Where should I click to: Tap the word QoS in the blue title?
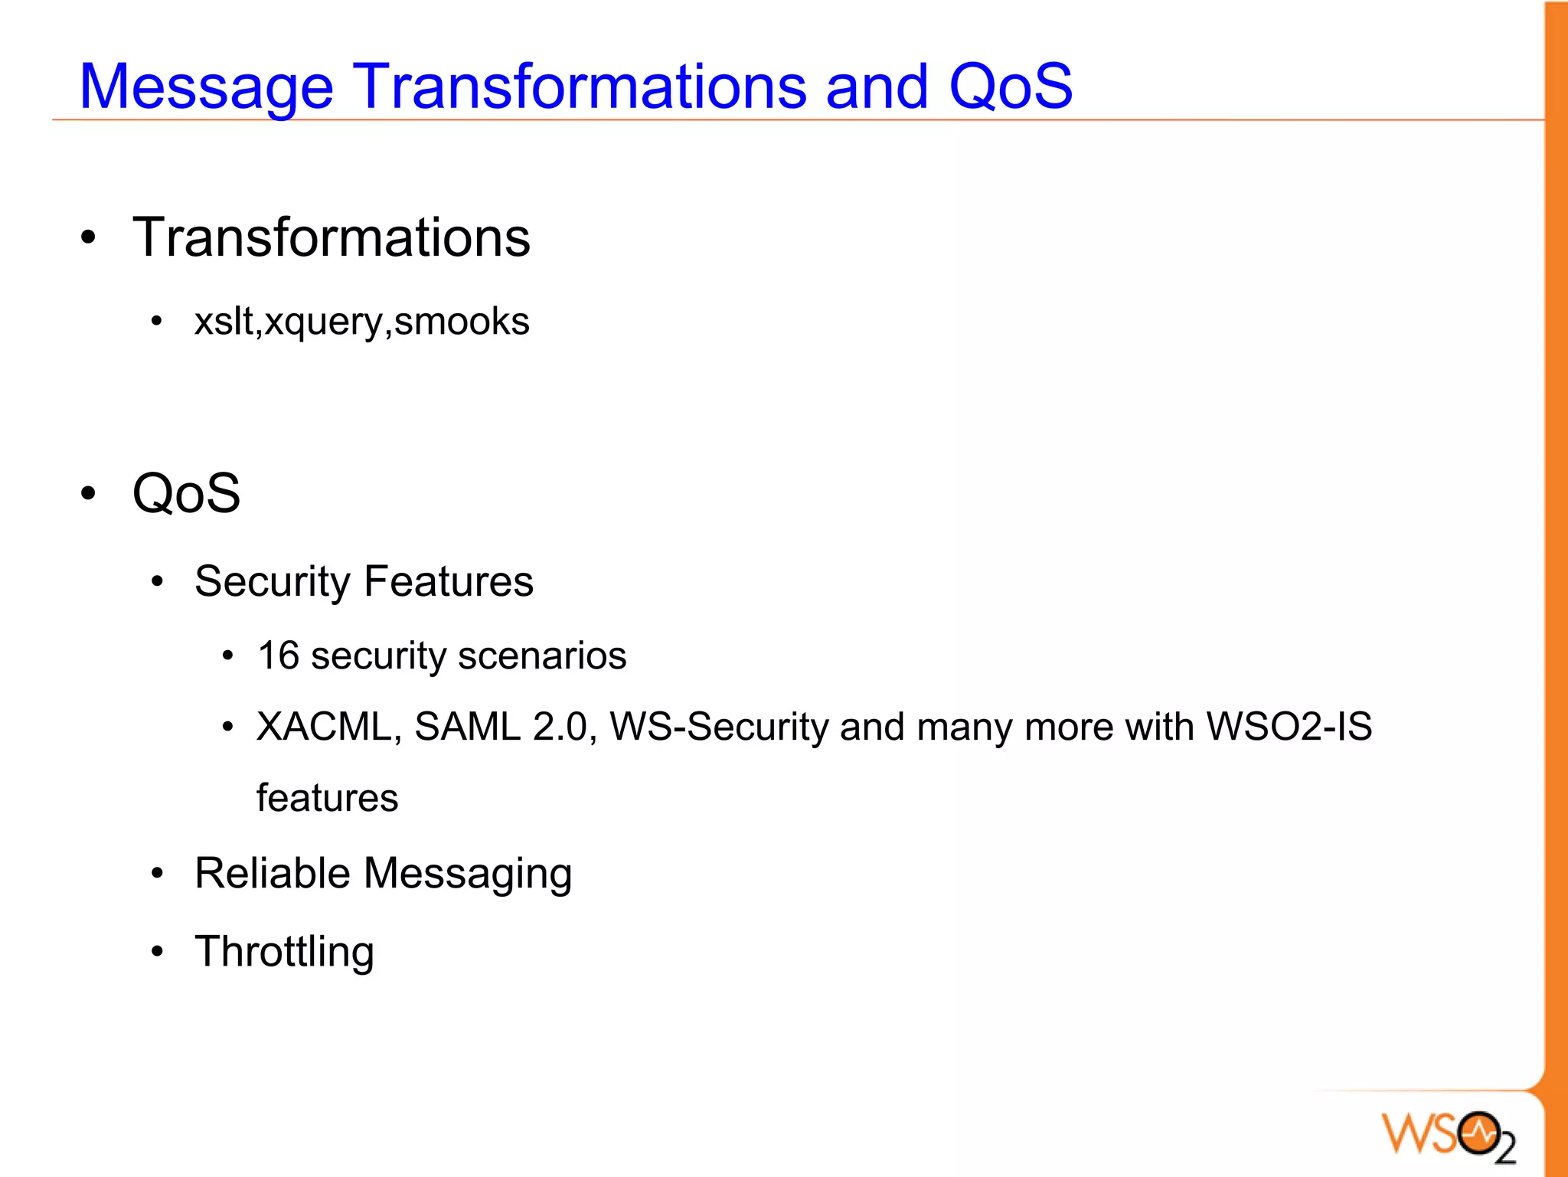click(1010, 86)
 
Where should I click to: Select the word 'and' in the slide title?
click(877, 86)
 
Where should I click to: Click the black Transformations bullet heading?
click(331, 237)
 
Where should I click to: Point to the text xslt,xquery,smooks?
click(361, 322)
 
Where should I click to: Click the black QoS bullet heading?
click(186, 493)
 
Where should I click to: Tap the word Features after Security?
click(448, 581)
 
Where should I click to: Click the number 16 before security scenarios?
click(278, 656)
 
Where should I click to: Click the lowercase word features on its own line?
click(327, 798)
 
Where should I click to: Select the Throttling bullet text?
click(284, 952)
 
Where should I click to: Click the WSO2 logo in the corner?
click(1448, 1134)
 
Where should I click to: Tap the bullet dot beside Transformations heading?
click(89, 238)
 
